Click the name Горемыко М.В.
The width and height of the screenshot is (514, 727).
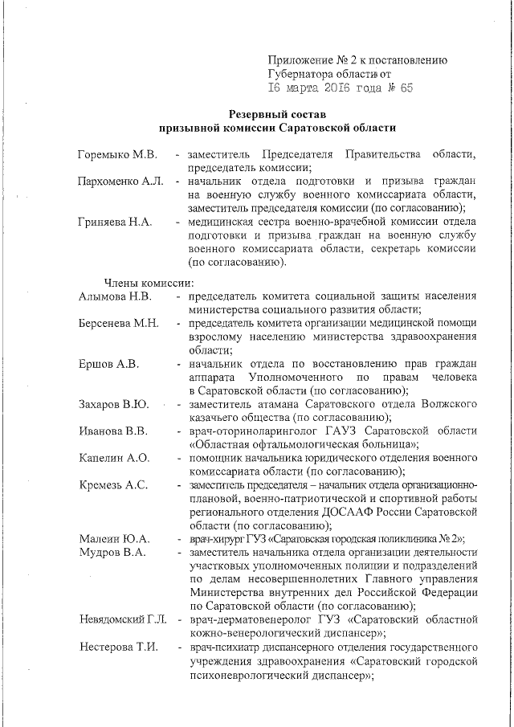coord(117,154)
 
